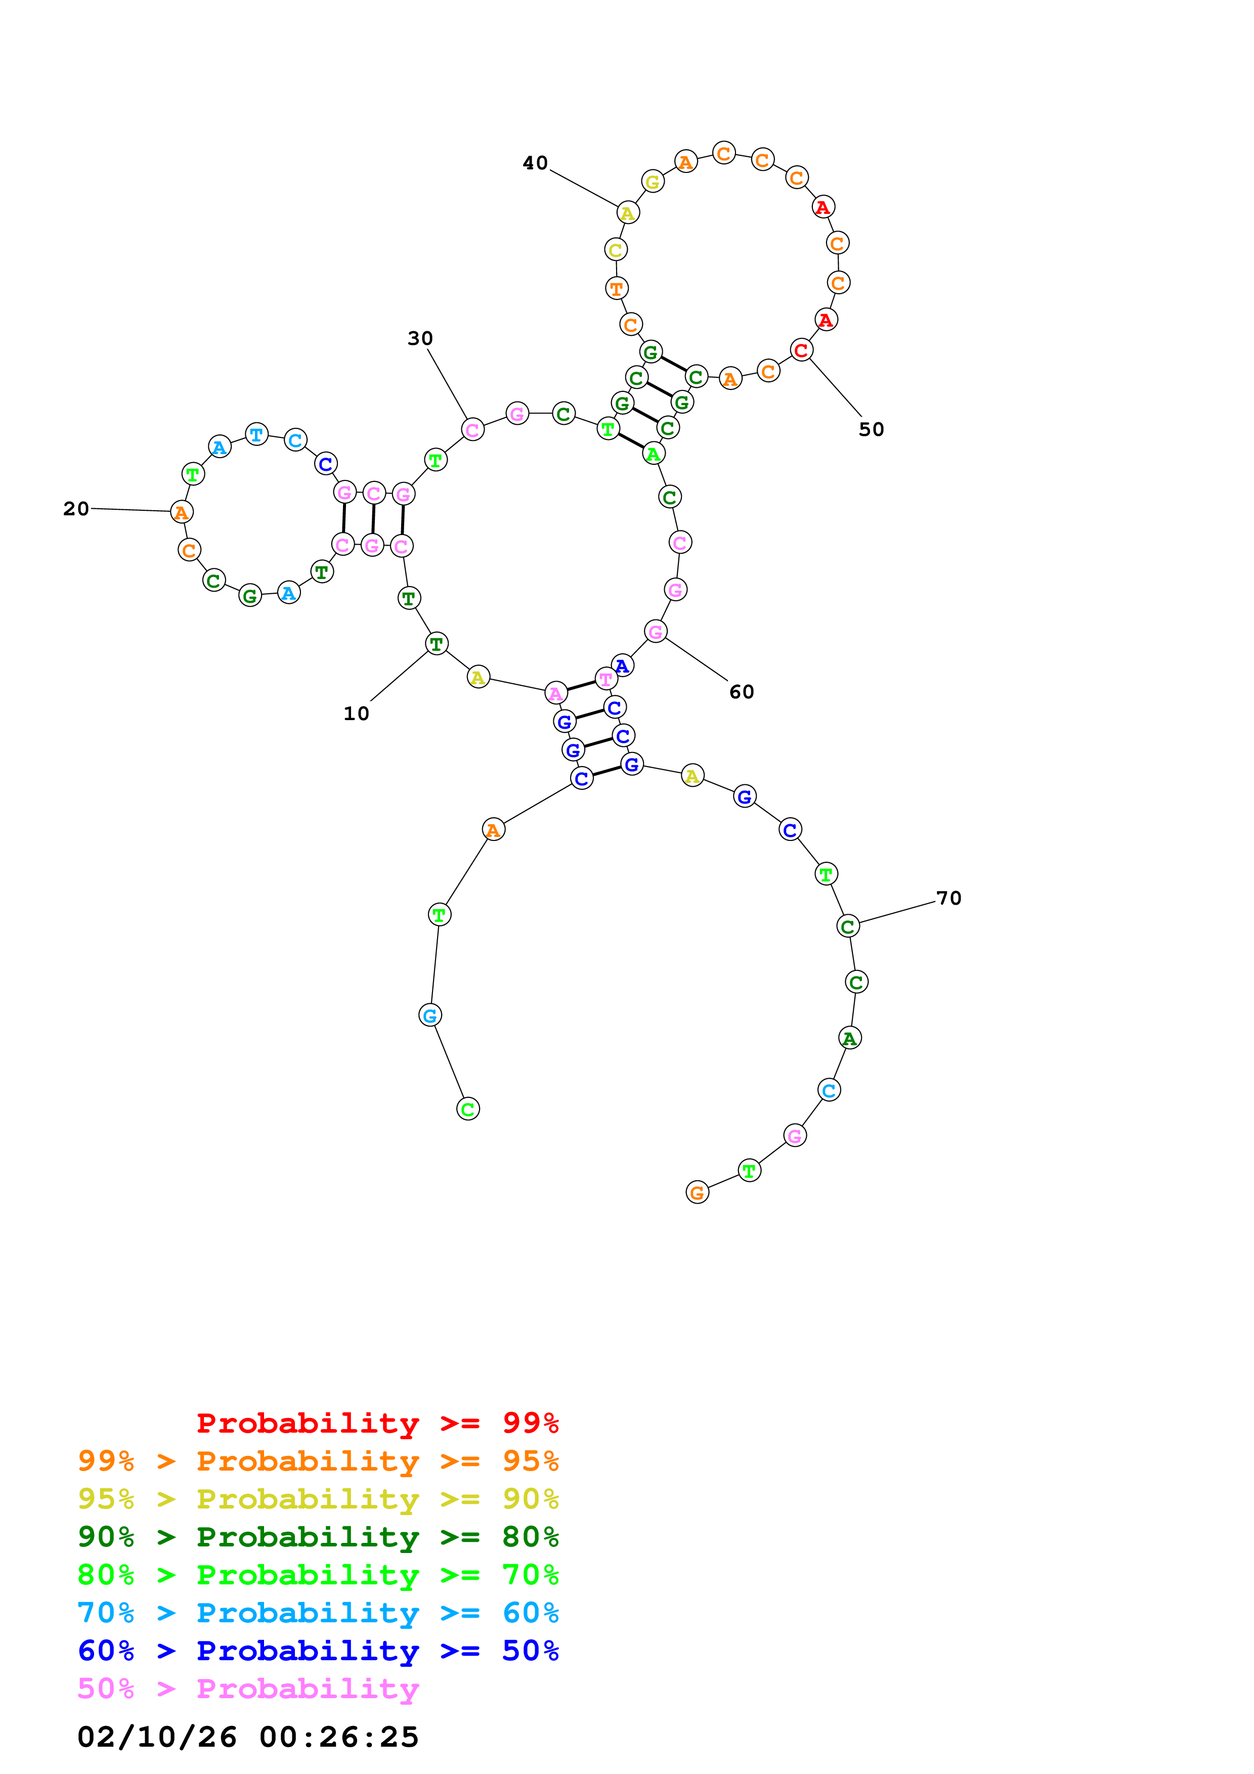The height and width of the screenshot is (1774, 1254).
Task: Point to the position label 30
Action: pos(420,338)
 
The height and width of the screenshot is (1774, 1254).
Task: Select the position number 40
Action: pos(535,163)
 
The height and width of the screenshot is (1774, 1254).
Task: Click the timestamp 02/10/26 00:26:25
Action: pos(248,1737)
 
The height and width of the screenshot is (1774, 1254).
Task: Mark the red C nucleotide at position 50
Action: pos(801,350)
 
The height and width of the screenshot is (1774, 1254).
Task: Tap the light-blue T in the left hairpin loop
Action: pos(256,434)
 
